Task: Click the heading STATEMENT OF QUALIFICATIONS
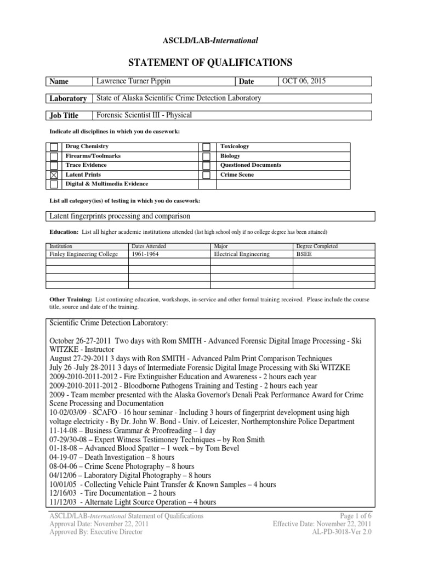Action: coord(210,61)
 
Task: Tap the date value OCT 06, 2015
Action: coord(305,81)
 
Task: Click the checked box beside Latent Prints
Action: coord(54,175)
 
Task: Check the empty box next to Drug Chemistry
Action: coord(54,147)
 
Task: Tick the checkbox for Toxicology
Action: coord(206,147)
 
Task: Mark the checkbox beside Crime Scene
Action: coord(206,175)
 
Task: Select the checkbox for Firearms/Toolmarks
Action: coord(54,156)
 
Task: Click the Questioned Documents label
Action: coord(251,165)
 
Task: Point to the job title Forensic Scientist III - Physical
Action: coord(145,115)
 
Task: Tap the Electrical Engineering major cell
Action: coord(241,254)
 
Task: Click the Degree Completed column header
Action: coord(317,246)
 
